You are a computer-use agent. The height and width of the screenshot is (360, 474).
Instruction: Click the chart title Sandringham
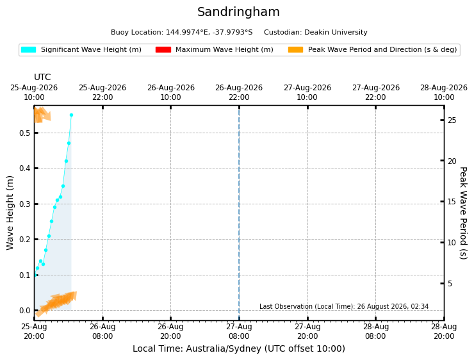click(238, 12)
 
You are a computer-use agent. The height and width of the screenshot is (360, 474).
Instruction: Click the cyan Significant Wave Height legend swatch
click(28, 49)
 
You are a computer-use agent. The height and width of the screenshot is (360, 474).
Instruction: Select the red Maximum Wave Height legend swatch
click(163, 49)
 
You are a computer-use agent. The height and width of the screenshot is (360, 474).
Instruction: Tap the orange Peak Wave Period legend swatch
click(296, 49)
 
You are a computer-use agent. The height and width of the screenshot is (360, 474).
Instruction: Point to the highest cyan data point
click(71, 115)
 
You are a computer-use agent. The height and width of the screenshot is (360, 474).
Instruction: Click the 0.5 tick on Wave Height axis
click(25, 133)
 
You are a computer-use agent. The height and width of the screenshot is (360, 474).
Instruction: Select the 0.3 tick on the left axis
click(25, 204)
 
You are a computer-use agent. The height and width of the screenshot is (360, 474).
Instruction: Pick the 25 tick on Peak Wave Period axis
click(452, 120)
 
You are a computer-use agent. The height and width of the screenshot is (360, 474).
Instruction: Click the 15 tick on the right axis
click(452, 202)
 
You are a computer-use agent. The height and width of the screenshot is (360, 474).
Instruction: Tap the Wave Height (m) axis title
click(10, 213)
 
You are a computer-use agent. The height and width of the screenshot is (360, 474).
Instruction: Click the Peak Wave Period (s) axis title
click(463, 213)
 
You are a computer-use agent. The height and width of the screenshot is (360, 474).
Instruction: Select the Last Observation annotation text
click(344, 306)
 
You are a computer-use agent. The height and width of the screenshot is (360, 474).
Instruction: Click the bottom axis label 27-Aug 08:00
click(239, 331)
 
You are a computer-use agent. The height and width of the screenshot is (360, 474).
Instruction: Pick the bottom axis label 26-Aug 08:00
click(102, 331)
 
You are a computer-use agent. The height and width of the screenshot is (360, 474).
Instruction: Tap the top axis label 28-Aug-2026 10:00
click(444, 92)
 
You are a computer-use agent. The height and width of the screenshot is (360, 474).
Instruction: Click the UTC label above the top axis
click(42, 77)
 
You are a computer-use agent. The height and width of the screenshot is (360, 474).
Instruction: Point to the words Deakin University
click(336, 32)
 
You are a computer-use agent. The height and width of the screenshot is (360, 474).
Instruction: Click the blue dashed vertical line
click(239, 213)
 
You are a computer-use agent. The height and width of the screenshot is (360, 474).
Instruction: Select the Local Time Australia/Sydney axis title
click(239, 348)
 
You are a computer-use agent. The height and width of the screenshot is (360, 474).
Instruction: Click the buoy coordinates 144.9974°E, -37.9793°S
click(209, 32)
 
